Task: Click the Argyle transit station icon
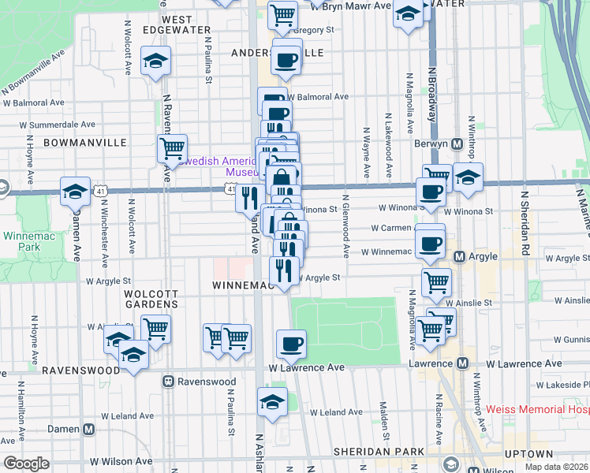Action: coord(462,257)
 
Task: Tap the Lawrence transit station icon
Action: coord(464,364)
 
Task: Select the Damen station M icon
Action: coord(88,430)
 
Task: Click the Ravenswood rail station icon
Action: coord(168,382)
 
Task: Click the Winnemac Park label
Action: coord(22,242)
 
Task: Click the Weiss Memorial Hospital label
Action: coord(537,409)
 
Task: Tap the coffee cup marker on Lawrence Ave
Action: coord(291,343)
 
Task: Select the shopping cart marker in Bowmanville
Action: coord(171,147)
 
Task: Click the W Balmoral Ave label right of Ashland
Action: coord(319,97)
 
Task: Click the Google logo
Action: coord(26,464)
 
